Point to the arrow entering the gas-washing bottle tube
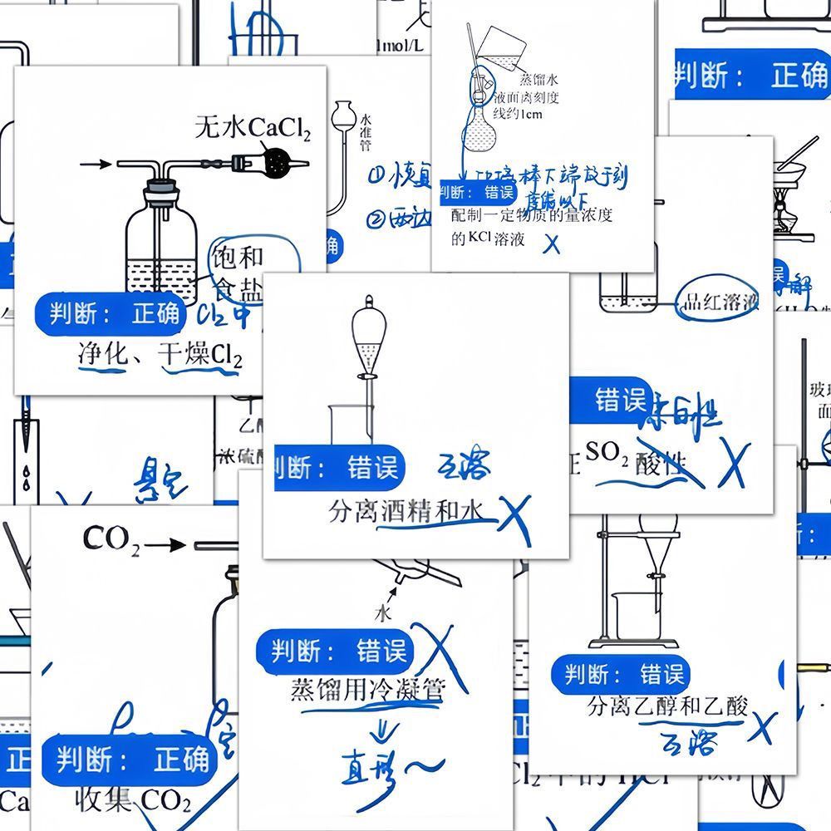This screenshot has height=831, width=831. click(x=99, y=164)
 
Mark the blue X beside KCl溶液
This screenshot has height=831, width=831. click(x=551, y=243)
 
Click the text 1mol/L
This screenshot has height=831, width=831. click(x=401, y=46)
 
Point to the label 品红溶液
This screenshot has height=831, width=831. click(x=717, y=302)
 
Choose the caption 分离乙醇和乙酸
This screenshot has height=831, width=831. click(x=667, y=706)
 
